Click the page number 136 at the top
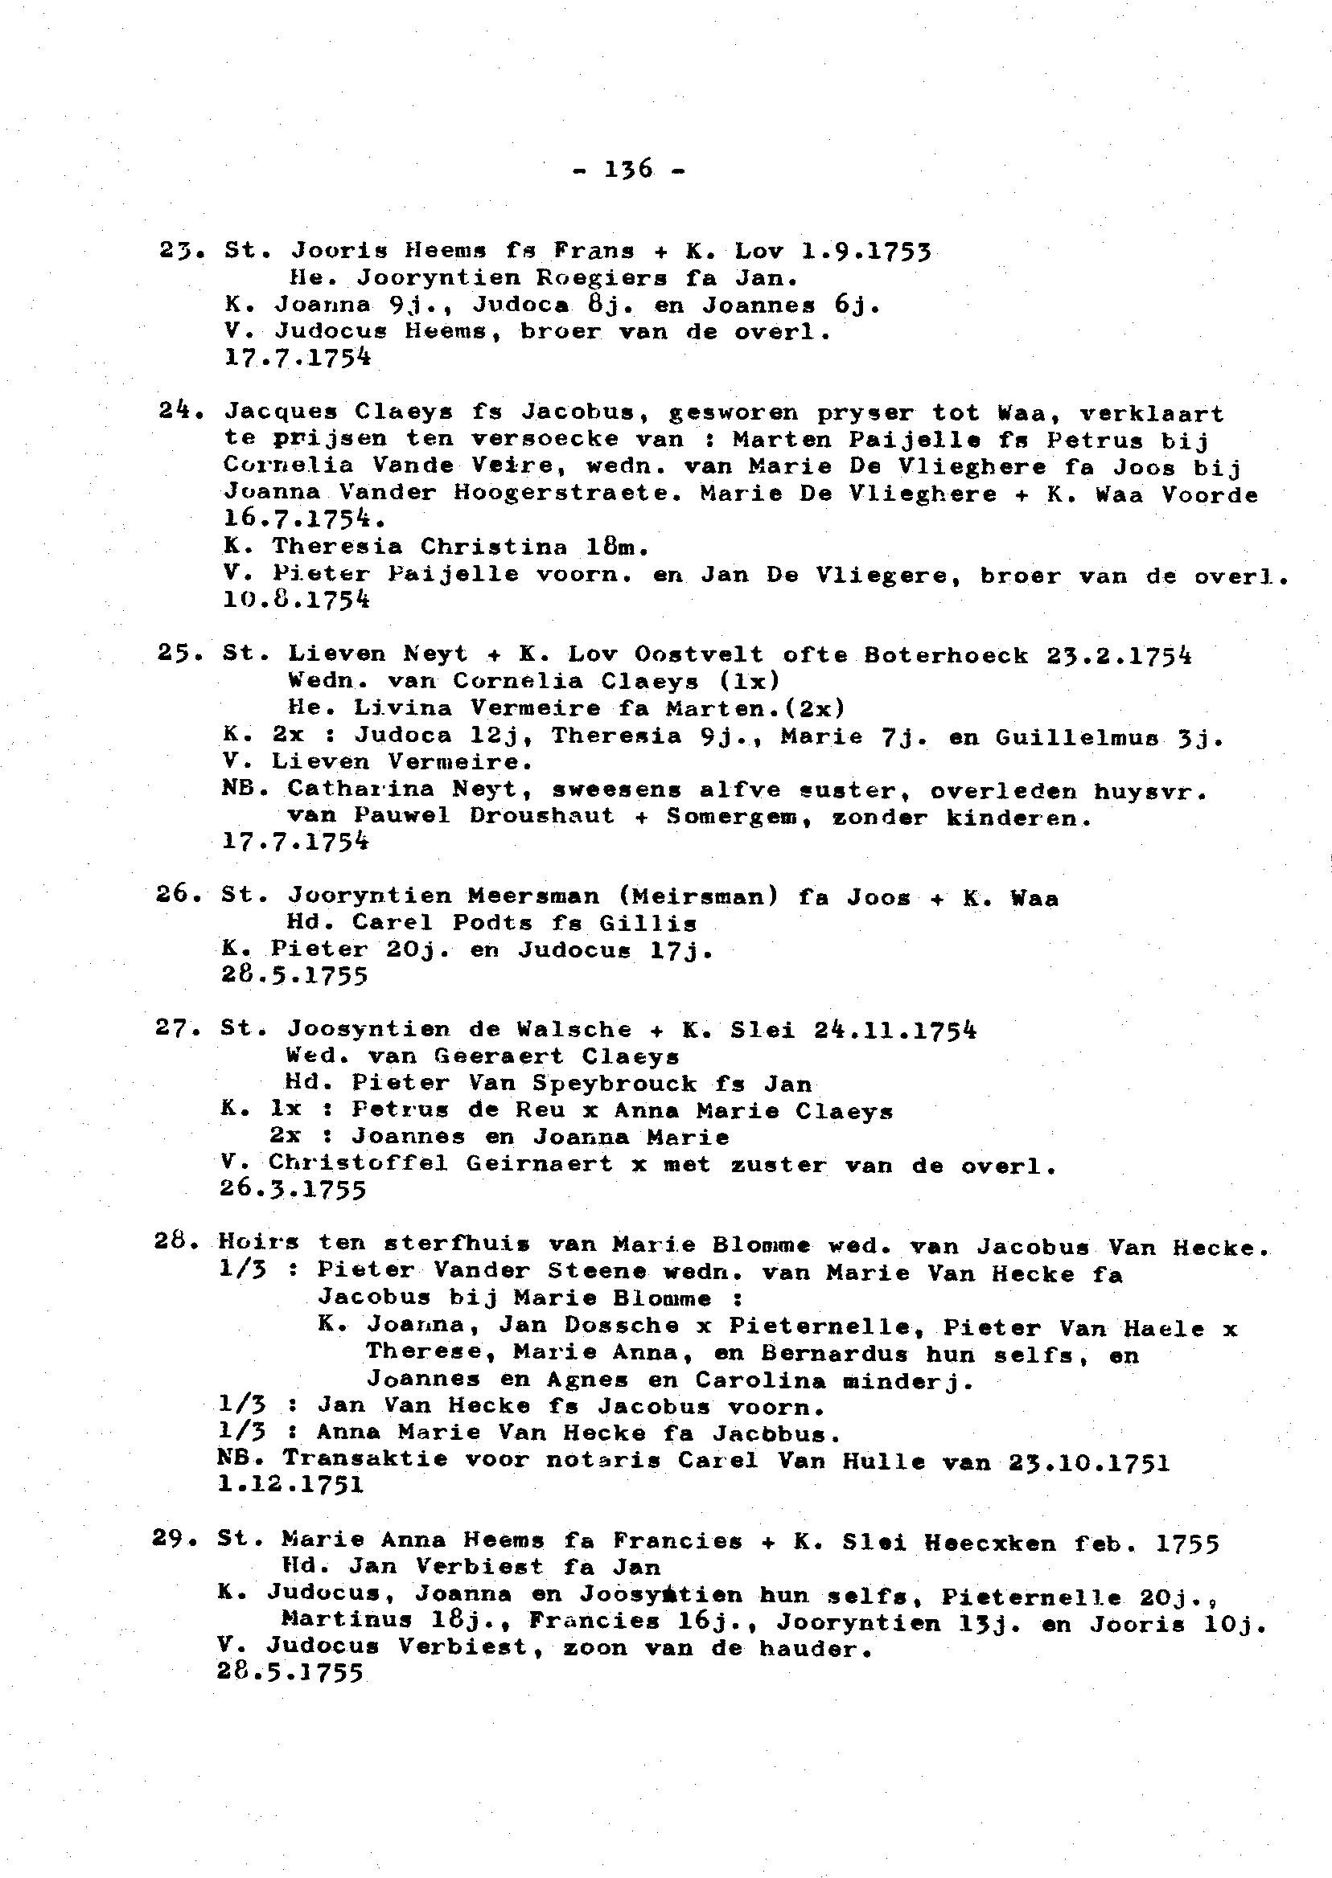[627, 170]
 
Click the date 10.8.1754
[296, 600]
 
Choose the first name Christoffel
[359, 1163]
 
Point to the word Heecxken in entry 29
[990, 1543]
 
